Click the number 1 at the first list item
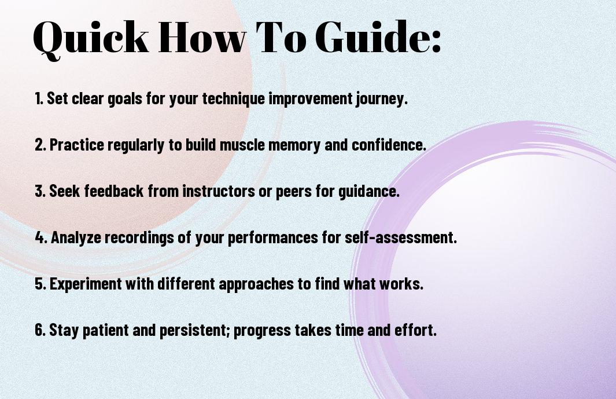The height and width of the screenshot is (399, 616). pos(38,98)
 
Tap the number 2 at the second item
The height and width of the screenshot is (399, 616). pos(39,145)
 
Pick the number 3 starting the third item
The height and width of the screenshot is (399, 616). pos(39,191)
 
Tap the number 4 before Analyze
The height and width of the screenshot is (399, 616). pos(40,237)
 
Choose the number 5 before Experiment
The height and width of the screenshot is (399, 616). pos(39,284)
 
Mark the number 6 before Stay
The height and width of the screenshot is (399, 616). pos(39,330)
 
